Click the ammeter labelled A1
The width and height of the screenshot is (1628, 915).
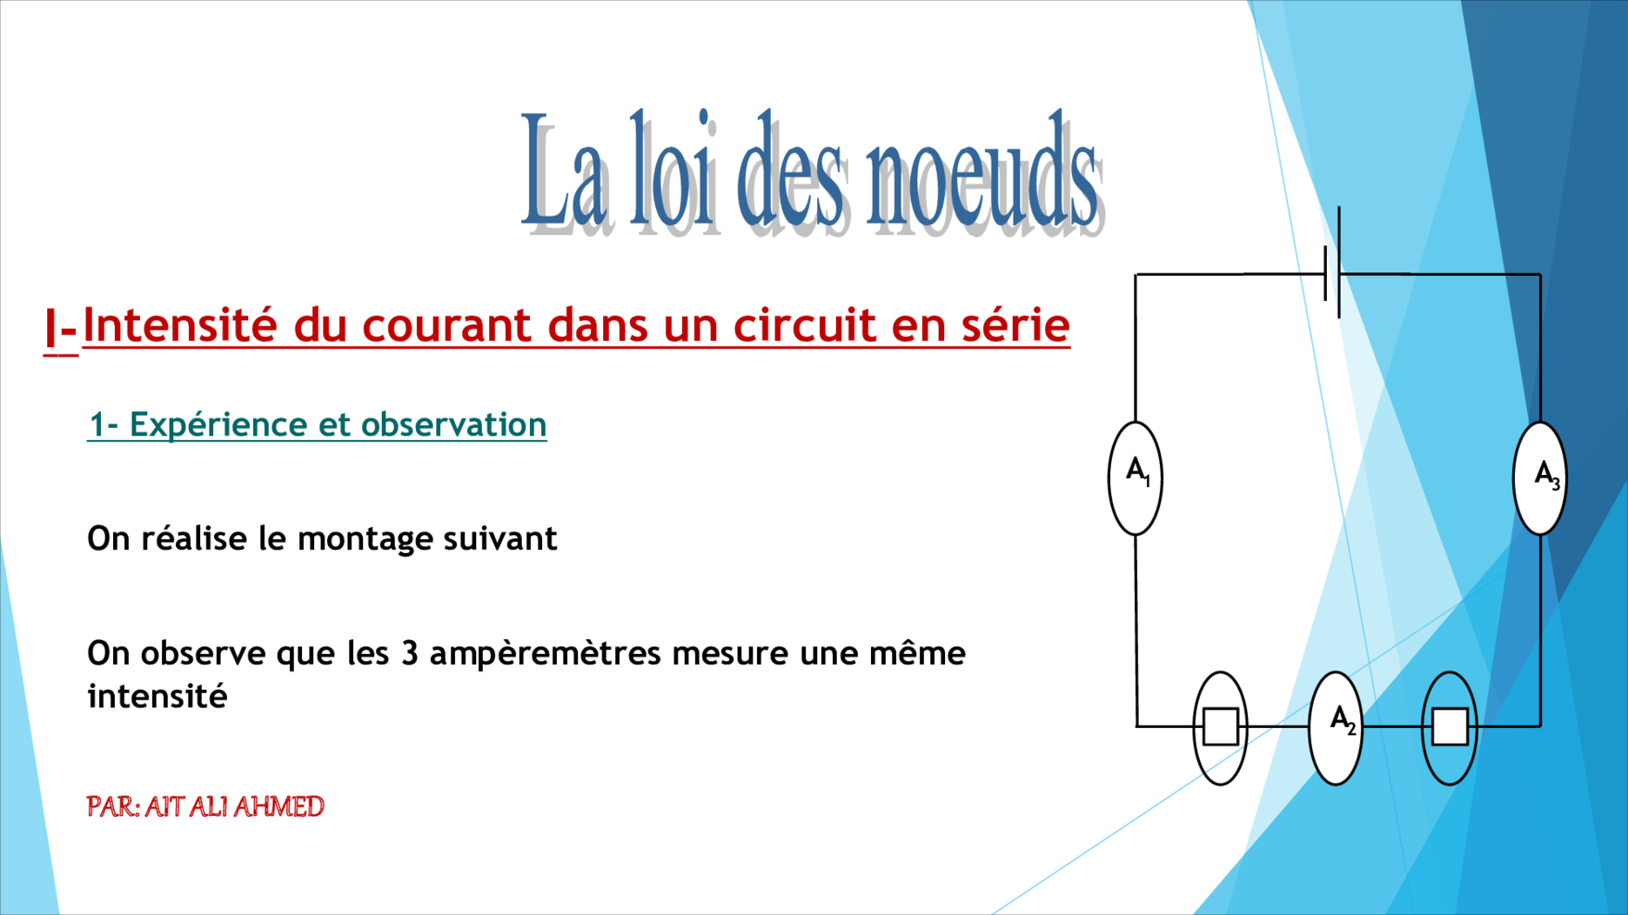click(x=1135, y=478)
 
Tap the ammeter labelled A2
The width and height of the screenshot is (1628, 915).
click(x=1335, y=728)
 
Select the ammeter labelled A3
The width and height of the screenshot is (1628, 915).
click(x=1540, y=478)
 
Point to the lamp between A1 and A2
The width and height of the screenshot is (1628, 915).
click(x=1220, y=728)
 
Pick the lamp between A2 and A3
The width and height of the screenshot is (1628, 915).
click(x=1449, y=728)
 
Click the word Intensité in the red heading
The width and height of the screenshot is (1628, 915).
click(x=180, y=325)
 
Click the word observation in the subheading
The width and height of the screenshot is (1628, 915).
click(x=454, y=424)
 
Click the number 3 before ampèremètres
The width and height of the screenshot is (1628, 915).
click(x=410, y=653)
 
